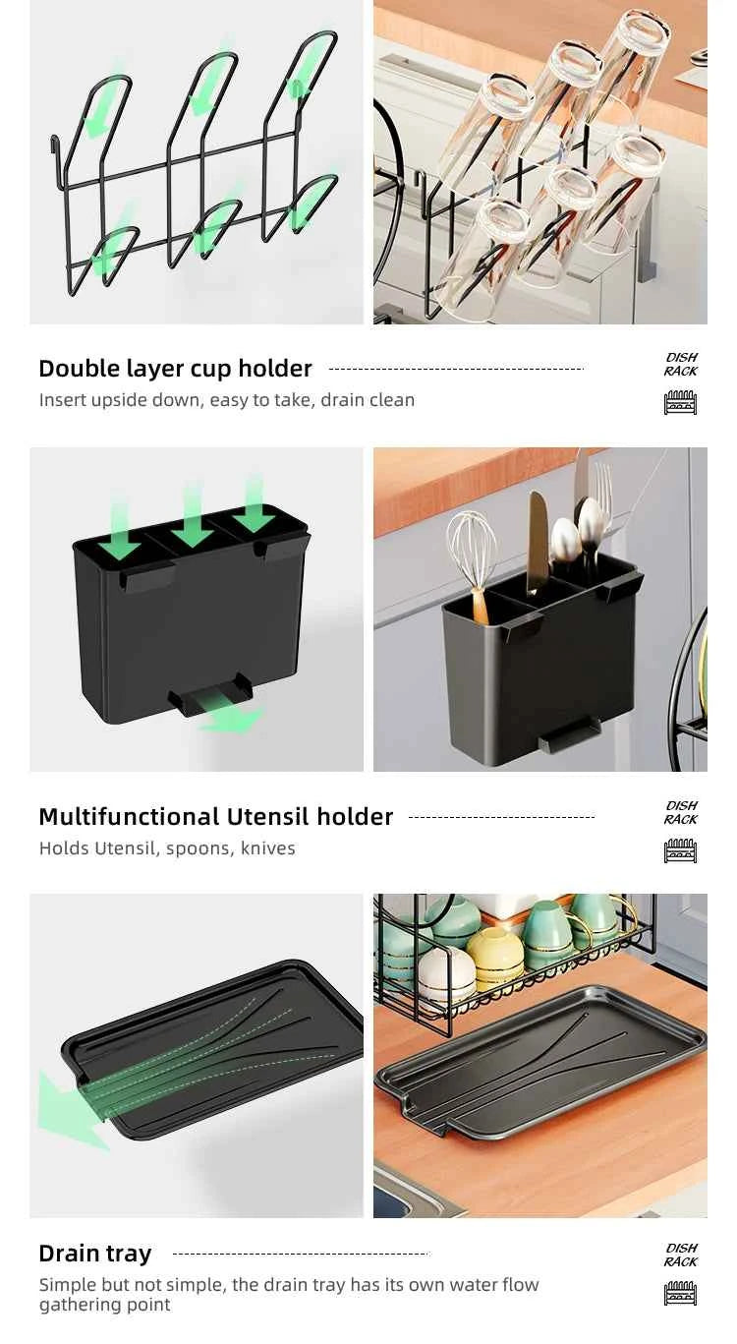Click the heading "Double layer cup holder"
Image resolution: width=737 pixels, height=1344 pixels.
[x=175, y=369]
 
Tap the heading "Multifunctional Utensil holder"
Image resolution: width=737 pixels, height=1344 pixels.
[x=215, y=817]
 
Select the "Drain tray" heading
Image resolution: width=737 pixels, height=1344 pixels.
[x=94, y=1254]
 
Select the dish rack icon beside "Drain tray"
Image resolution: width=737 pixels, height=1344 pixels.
[x=680, y=1293]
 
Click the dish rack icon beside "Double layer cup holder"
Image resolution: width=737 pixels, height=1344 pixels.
[x=680, y=402]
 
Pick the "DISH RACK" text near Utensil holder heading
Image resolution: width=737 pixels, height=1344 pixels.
[x=680, y=813]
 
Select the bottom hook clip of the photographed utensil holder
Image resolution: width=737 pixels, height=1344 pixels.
[x=570, y=732]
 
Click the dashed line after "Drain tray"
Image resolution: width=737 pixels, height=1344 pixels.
[x=300, y=1254]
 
